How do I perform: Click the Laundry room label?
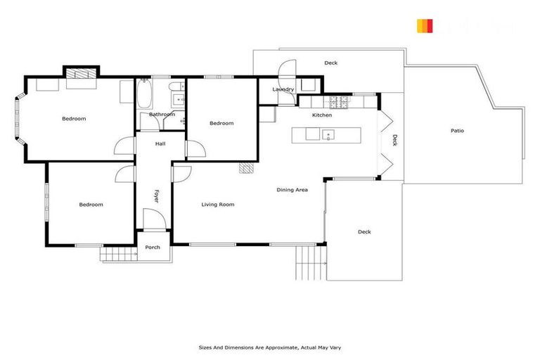coord(283,89)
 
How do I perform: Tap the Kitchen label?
coord(322,115)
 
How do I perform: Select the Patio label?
coord(457,131)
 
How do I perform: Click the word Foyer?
coord(156,196)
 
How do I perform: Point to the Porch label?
coord(153,247)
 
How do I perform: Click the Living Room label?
coord(217,205)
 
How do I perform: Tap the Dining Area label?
coord(292,190)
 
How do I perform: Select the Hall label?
coord(160,143)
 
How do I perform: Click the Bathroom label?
coord(162,115)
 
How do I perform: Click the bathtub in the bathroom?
coord(144,94)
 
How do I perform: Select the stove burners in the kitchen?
coord(340,103)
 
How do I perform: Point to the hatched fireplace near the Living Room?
coord(245,168)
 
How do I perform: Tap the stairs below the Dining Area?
coord(308,262)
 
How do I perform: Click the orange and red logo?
coord(425,26)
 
